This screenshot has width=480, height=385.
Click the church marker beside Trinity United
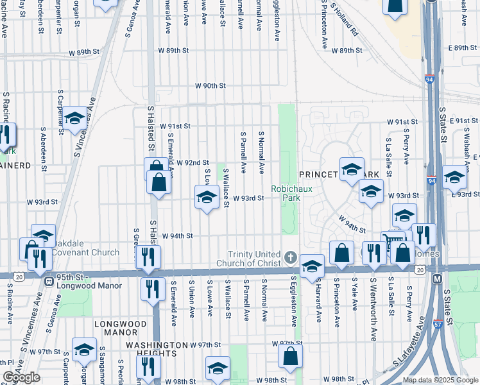pyautogui.click(x=290, y=258)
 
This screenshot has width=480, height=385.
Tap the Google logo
pyautogui.click(x=21, y=377)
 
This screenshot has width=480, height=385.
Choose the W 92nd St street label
pyautogui.click(x=193, y=163)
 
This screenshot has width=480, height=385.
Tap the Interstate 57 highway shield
pyautogui.click(x=438, y=326)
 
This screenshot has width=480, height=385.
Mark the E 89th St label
pyautogui.click(x=464, y=48)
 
